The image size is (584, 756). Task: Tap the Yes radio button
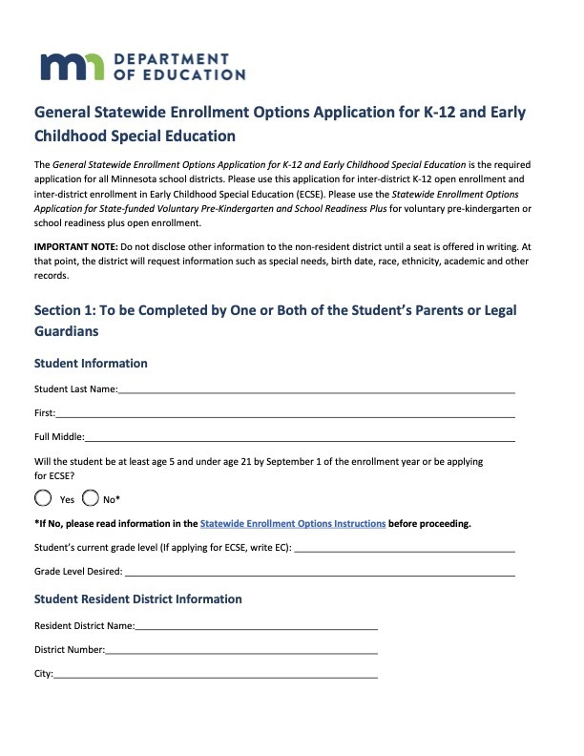click(43, 497)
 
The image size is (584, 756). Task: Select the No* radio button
click(92, 497)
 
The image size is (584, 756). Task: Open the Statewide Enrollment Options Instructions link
click(293, 524)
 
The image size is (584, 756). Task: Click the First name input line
click(285, 414)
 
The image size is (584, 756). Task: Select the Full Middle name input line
click(300, 438)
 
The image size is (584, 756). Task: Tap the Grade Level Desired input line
click(320, 573)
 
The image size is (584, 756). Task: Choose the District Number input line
click(241, 651)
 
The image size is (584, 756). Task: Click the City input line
click(216, 675)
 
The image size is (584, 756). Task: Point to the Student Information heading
click(91, 364)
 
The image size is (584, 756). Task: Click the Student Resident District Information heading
click(137, 599)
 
